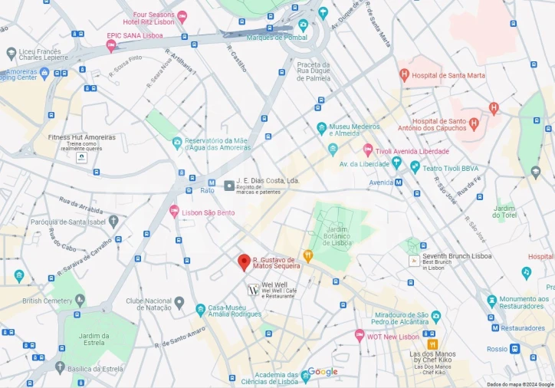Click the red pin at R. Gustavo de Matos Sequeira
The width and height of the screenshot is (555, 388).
(x=244, y=262)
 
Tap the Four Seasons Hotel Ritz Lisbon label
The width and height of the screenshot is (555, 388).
(x=154, y=18)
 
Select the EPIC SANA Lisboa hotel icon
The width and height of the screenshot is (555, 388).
(x=111, y=46)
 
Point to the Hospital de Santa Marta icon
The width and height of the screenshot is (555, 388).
(x=404, y=75)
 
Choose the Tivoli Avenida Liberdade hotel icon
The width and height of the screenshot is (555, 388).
(x=368, y=151)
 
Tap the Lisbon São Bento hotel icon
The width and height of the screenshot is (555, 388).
(x=174, y=211)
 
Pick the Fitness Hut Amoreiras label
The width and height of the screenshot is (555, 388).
(x=81, y=137)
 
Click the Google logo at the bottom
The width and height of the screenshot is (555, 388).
(x=323, y=372)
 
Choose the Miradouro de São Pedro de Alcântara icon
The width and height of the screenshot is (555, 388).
(x=436, y=315)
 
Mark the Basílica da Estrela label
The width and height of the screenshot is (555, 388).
(x=95, y=369)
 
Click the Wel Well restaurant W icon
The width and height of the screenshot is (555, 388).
(x=253, y=290)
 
